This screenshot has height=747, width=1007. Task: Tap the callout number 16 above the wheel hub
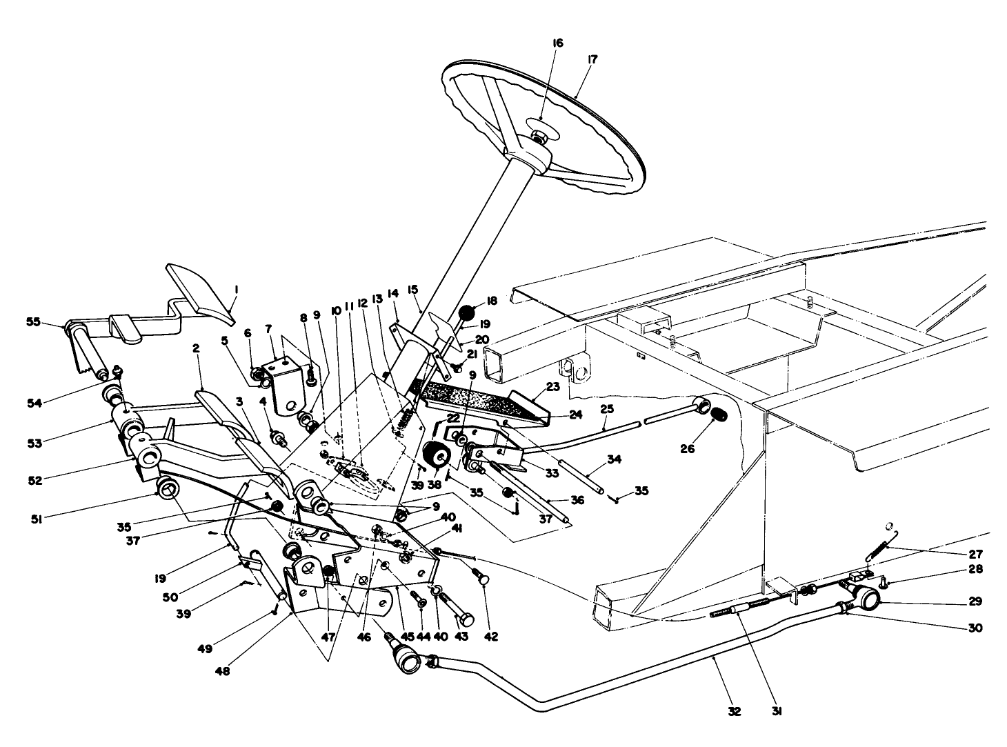tap(558, 43)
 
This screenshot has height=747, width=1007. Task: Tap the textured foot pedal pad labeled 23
tap(460, 400)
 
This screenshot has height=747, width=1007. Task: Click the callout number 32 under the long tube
tap(734, 711)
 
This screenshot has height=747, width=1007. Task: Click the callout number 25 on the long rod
tap(606, 410)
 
